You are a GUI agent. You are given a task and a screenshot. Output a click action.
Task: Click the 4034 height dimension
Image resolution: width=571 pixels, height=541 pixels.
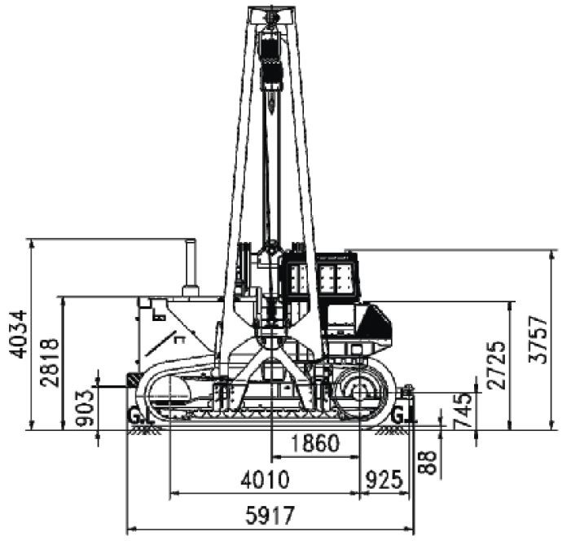pyautogui.click(x=19, y=334)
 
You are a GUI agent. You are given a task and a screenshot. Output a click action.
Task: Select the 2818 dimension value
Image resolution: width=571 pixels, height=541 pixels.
pyautogui.click(x=50, y=363)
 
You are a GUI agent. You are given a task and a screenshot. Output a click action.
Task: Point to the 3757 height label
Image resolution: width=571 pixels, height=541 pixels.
pyautogui.click(x=538, y=340)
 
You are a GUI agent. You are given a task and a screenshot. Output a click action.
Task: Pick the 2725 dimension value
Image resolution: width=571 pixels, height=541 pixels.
pyautogui.click(x=496, y=365)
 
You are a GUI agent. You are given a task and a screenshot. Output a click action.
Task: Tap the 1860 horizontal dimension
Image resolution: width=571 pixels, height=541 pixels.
pyautogui.click(x=316, y=443)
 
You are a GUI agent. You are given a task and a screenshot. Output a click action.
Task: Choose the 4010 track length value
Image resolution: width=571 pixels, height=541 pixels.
pyautogui.click(x=265, y=479)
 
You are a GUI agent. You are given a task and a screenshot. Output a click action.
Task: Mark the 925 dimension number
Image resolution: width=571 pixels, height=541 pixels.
pyautogui.click(x=384, y=479)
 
